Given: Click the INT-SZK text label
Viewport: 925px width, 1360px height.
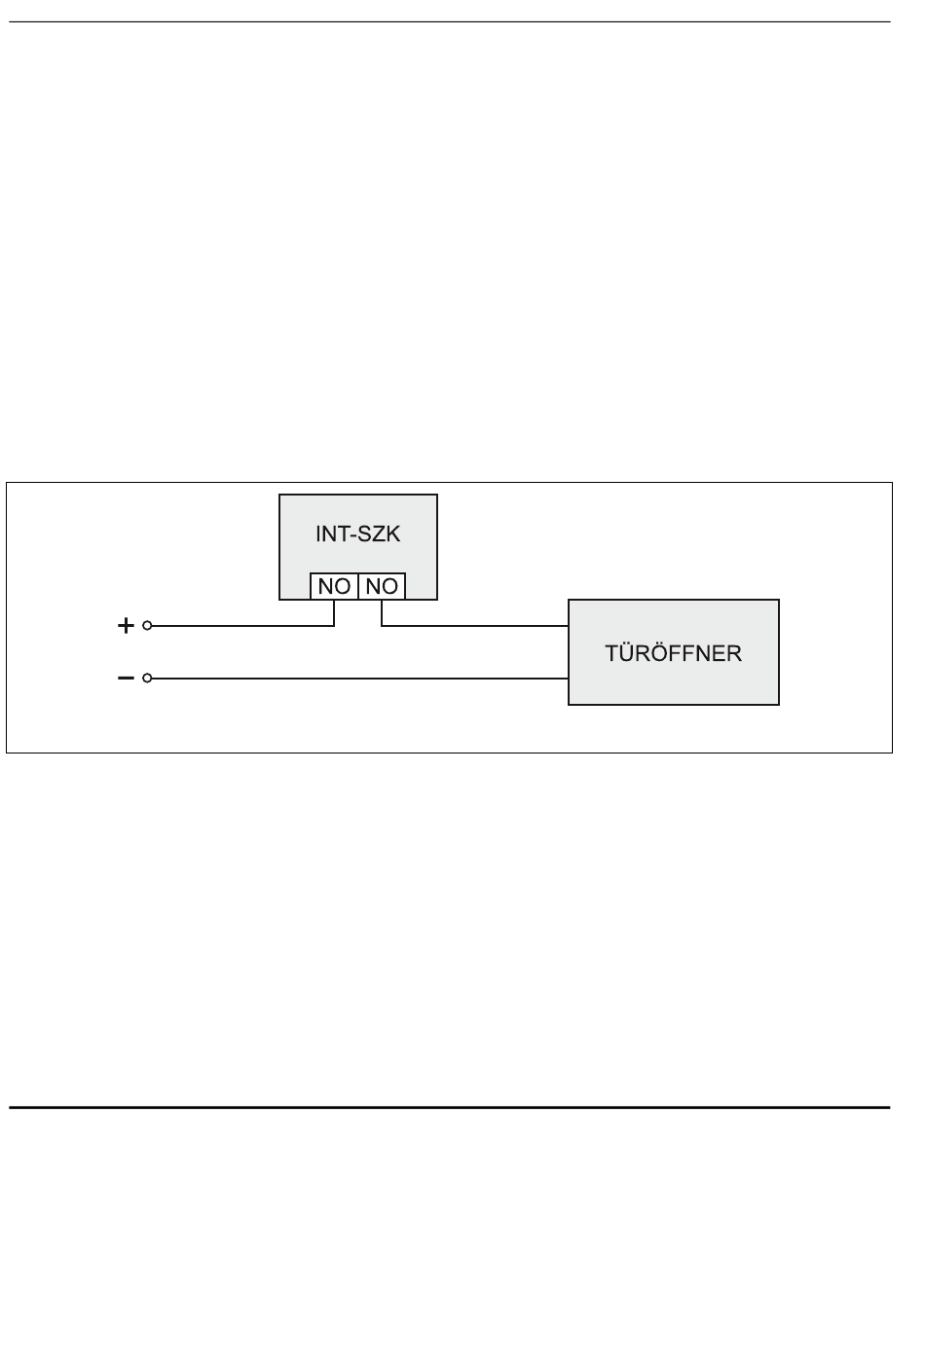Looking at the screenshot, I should point(358,535).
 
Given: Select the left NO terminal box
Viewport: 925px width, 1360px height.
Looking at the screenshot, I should point(334,586).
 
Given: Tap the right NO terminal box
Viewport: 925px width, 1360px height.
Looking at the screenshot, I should point(382,586).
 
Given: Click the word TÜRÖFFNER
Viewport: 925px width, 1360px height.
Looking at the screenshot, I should point(673,652).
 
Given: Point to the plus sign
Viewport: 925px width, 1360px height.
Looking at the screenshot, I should point(125,627).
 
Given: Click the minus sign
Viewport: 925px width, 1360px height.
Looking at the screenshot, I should point(125,678).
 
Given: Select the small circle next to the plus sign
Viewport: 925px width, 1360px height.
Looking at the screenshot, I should point(147,627).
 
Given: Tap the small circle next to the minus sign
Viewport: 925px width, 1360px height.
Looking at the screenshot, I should point(147,678).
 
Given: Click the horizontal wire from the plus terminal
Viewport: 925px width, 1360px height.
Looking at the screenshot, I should point(243,627).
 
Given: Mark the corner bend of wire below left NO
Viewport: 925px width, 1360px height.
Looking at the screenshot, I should point(334,626).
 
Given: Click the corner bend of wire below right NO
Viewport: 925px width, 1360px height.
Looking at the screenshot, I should point(382,626).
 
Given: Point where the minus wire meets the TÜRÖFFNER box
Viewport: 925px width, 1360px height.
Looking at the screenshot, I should point(569,678).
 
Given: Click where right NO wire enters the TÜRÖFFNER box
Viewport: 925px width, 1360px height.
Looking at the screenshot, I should point(569,626).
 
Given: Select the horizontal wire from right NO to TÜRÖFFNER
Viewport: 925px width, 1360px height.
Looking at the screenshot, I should point(477,626).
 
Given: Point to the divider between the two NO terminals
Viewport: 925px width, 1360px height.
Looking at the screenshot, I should point(358,586).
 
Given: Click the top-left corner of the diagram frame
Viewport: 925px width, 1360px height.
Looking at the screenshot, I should point(8,482).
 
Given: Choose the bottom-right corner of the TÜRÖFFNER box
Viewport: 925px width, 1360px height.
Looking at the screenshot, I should point(779,704).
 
